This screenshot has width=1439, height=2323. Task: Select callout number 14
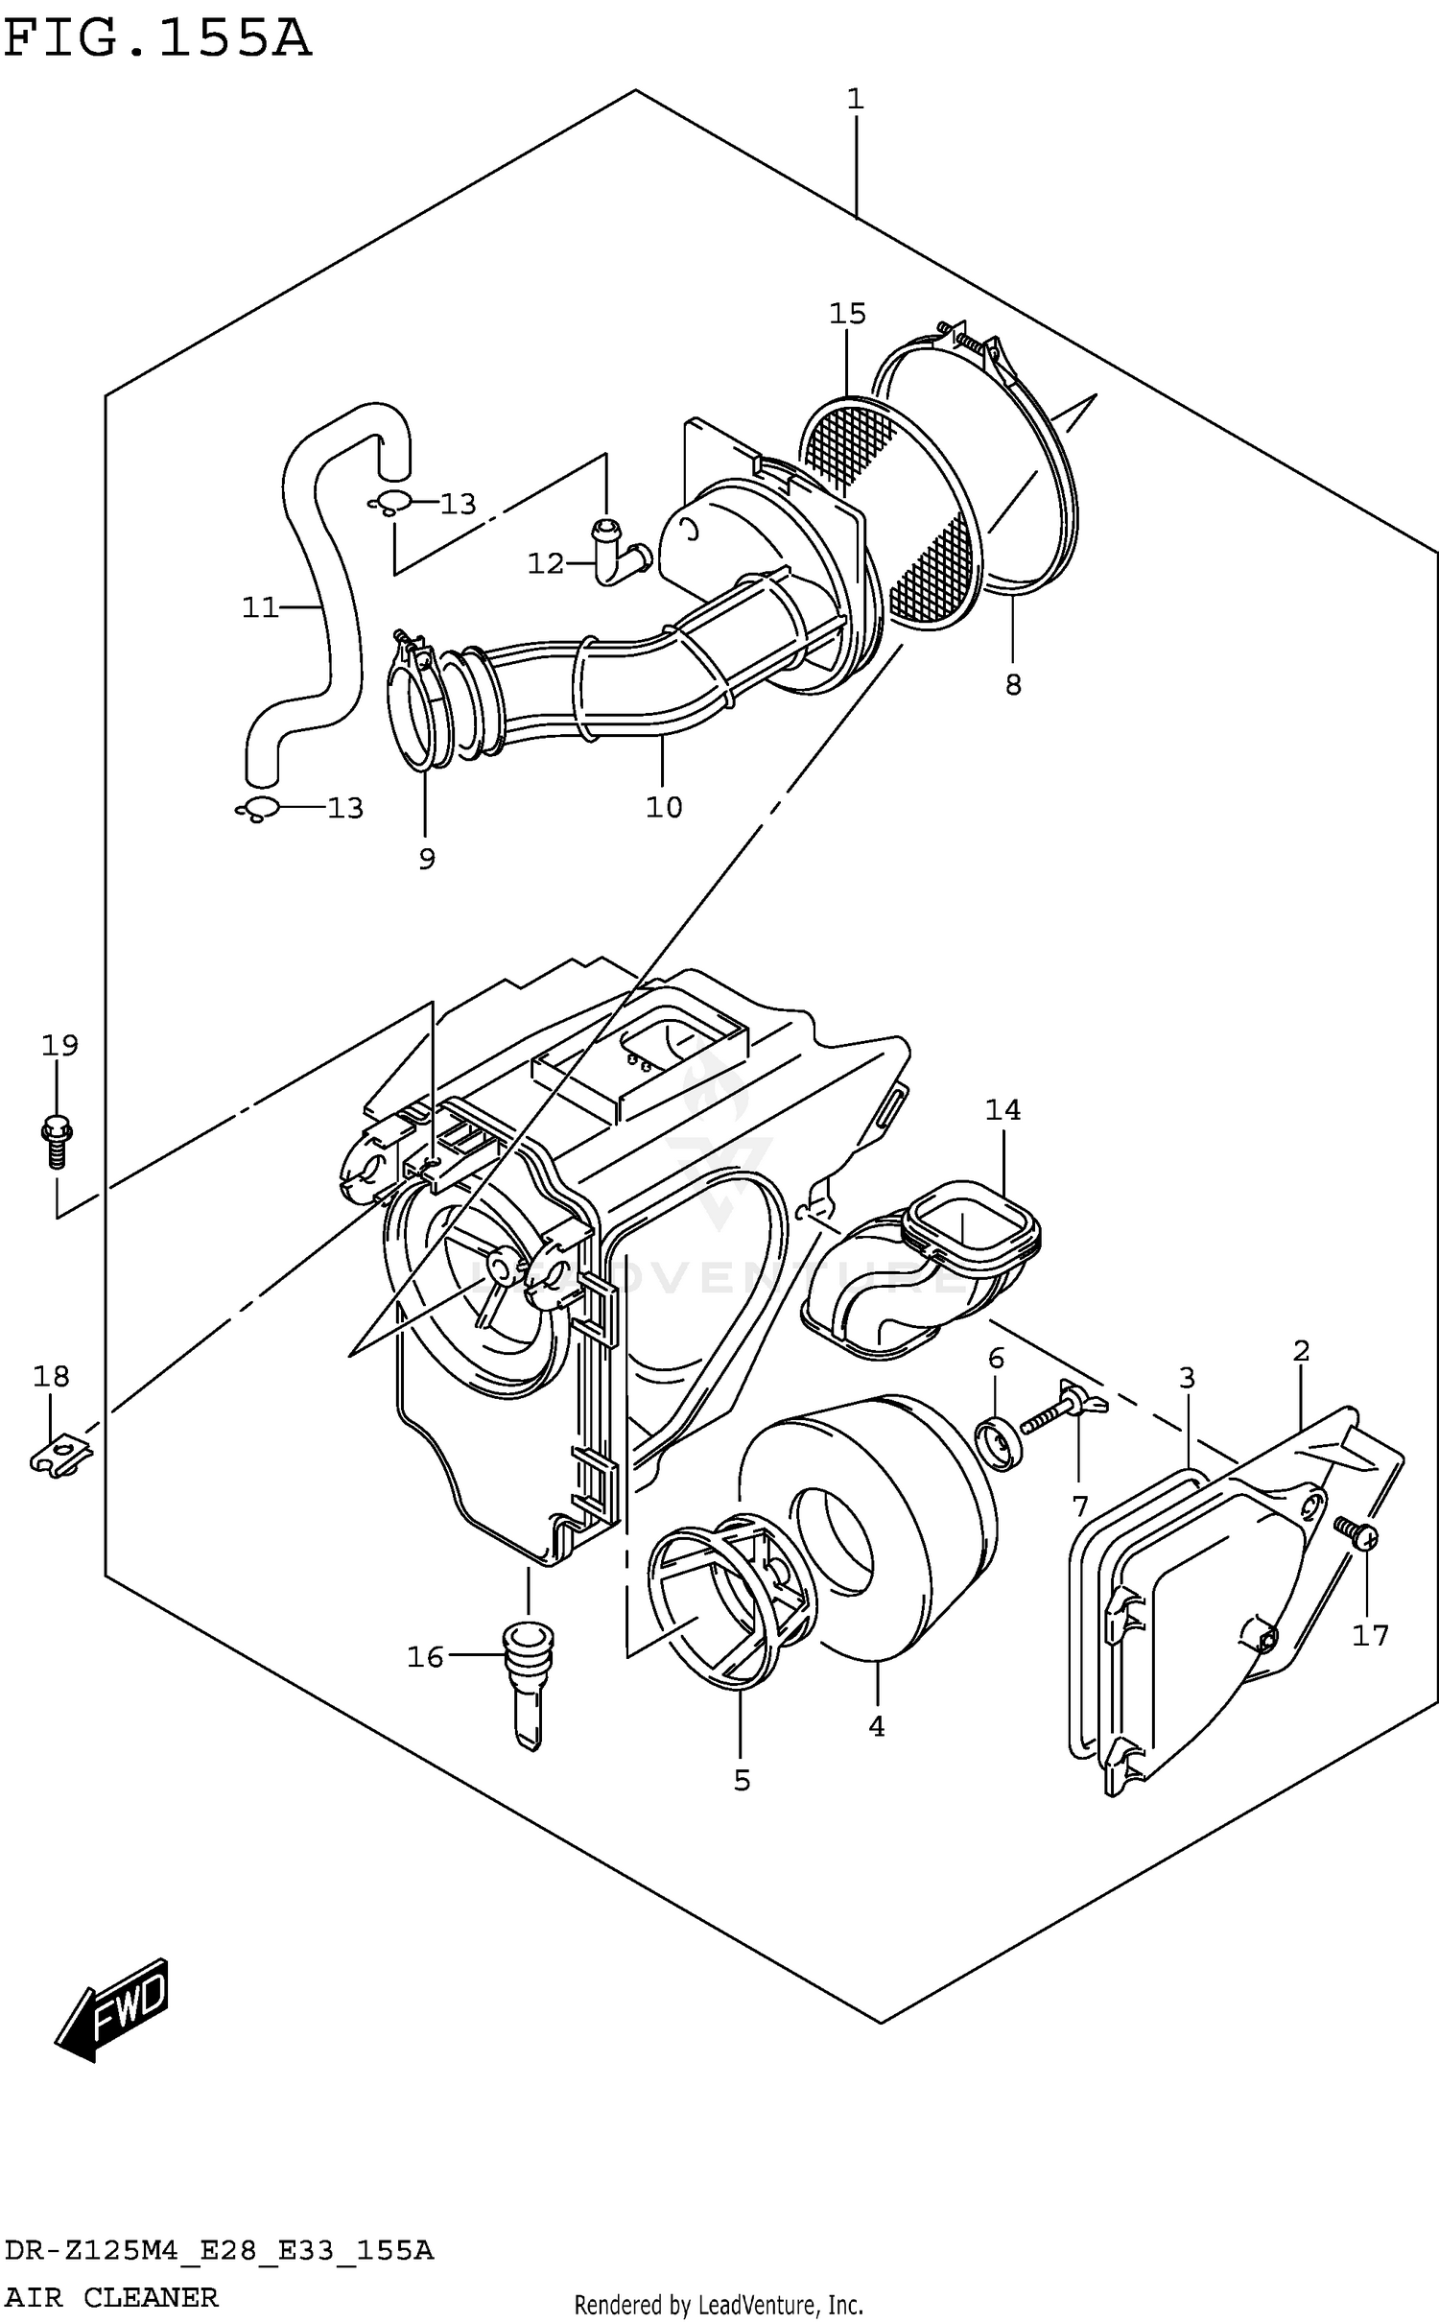click(1003, 1110)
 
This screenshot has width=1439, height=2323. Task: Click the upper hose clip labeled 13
click(389, 502)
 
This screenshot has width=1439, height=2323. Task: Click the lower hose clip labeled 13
click(256, 809)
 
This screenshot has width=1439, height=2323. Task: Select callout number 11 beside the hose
click(259, 607)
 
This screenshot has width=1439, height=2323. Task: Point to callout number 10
click(663, 807)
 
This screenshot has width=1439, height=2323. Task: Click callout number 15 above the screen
click(847, 314)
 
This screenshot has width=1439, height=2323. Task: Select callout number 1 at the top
click(855, 98)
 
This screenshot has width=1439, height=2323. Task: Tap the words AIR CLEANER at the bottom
click(111, 2297)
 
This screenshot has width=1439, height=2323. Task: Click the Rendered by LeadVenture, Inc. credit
click(719, 2305)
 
